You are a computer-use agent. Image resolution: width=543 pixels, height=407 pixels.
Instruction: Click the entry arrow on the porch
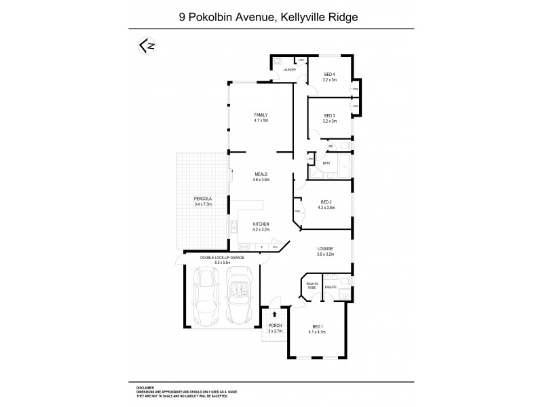(x=274, y=314)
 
